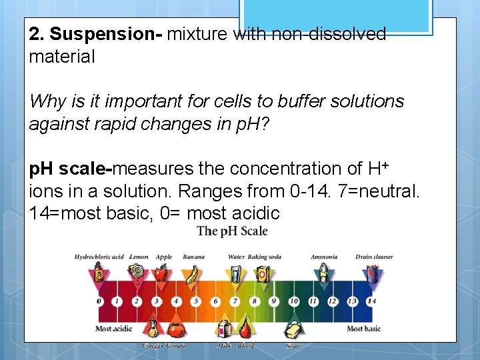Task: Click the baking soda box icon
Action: (x=263, y=274)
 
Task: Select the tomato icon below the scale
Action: (x=175, y=329)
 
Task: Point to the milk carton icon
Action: (x=225, y=329)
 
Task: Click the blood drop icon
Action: (x=245, y=327)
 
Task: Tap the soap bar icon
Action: (x=293, y=329)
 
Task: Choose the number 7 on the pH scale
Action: (x=235, y=301)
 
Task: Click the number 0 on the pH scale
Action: (x=99, y=301)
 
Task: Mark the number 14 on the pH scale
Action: (x=371, y=301)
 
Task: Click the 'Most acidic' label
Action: (x=114, y=328)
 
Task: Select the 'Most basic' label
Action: (x=363, y=328)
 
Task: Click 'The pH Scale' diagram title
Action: (x=232, y=231)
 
